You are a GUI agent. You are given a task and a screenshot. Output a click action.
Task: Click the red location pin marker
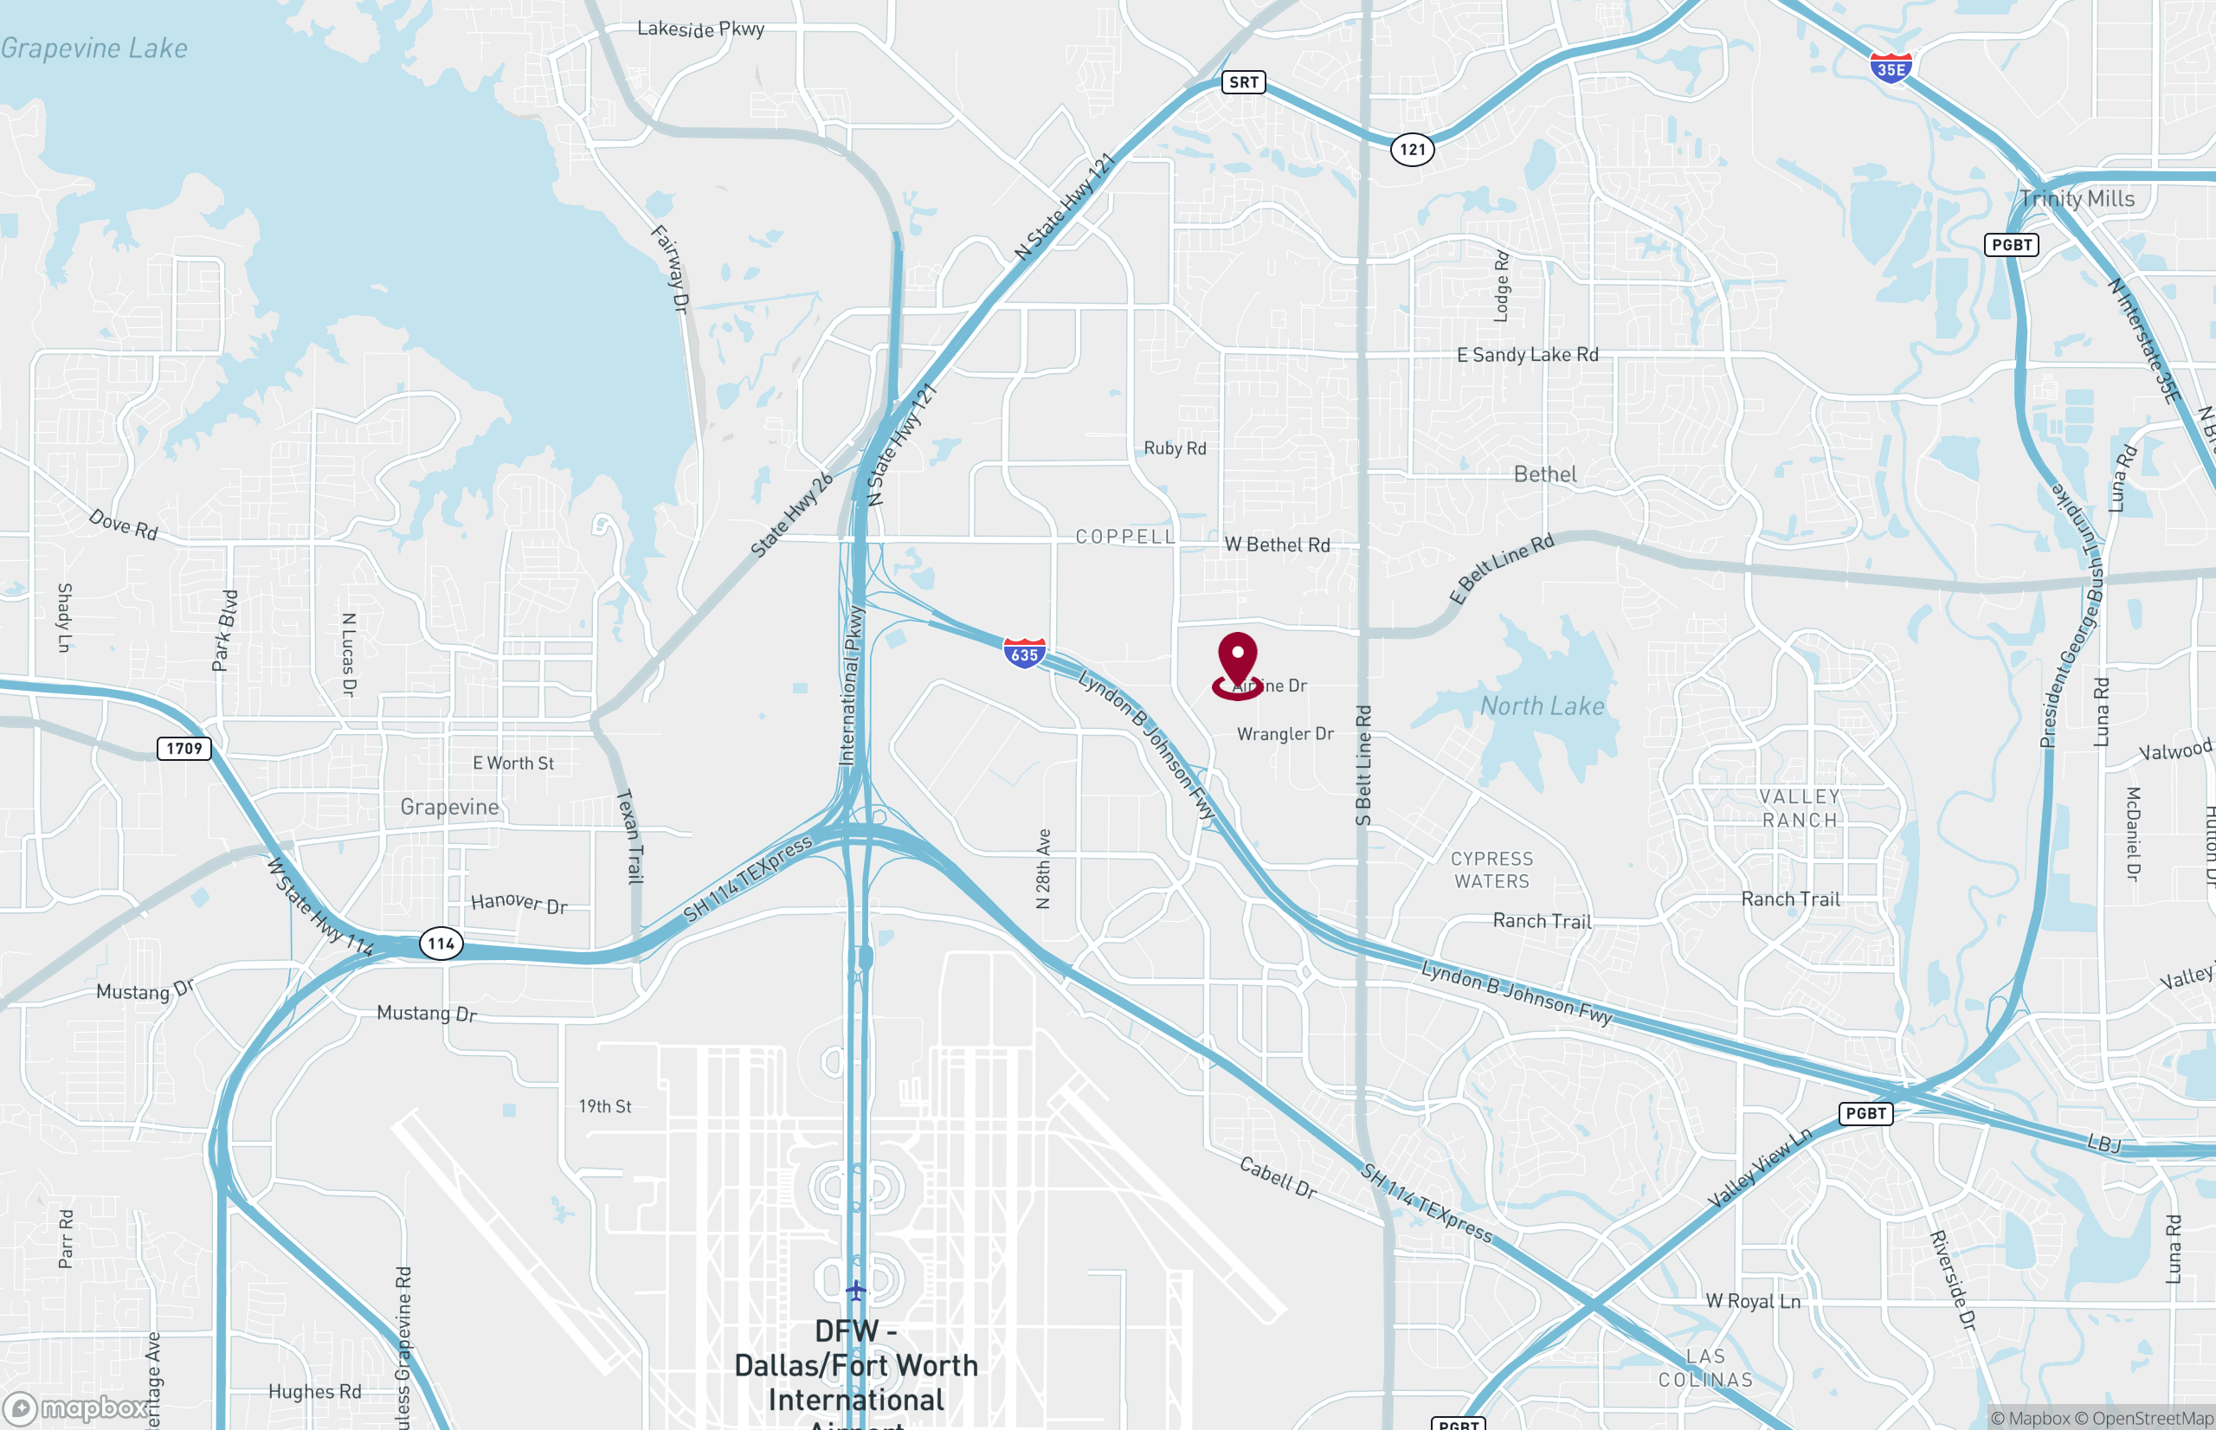(x=1237, y=661)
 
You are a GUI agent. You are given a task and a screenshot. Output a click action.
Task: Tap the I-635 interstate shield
(x=1024, y=654)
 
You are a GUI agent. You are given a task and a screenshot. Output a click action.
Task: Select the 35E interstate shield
(x=1891, y=68)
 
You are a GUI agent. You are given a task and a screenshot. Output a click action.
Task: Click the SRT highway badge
(x=1243, y=82)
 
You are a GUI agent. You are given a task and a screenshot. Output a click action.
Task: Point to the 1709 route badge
(x=184, y=749)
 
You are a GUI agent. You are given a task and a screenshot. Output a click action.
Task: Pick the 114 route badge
(x=441, y=944)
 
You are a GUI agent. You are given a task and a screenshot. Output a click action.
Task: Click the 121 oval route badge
(x=1412, y=150)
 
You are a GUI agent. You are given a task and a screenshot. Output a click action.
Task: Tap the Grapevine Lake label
(x=93, y=48)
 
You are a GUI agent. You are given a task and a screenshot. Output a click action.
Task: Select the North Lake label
(x=1542, y=706)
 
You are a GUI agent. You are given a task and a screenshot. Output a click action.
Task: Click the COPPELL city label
(x=1125, y=537)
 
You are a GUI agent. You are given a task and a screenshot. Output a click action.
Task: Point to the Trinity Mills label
(x=2077, y=199)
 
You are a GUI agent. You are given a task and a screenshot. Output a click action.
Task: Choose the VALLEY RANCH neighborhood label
(x=1799, y=808)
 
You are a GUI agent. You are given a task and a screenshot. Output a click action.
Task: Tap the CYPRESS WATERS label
(x=1491, y=870)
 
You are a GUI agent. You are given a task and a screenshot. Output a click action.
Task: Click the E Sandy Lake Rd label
(x=1527, y=355)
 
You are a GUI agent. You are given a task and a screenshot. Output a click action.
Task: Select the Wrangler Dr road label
(x=1285, y=733)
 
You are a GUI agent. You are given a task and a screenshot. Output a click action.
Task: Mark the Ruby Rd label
(x=1175, y=448)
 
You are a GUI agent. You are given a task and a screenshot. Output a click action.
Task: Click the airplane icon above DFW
(x=855, y=1290)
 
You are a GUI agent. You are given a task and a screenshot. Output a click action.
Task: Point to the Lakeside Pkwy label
(x=701, y=29)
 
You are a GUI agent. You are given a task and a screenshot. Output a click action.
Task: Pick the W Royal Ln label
(x=1753, y=1301)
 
